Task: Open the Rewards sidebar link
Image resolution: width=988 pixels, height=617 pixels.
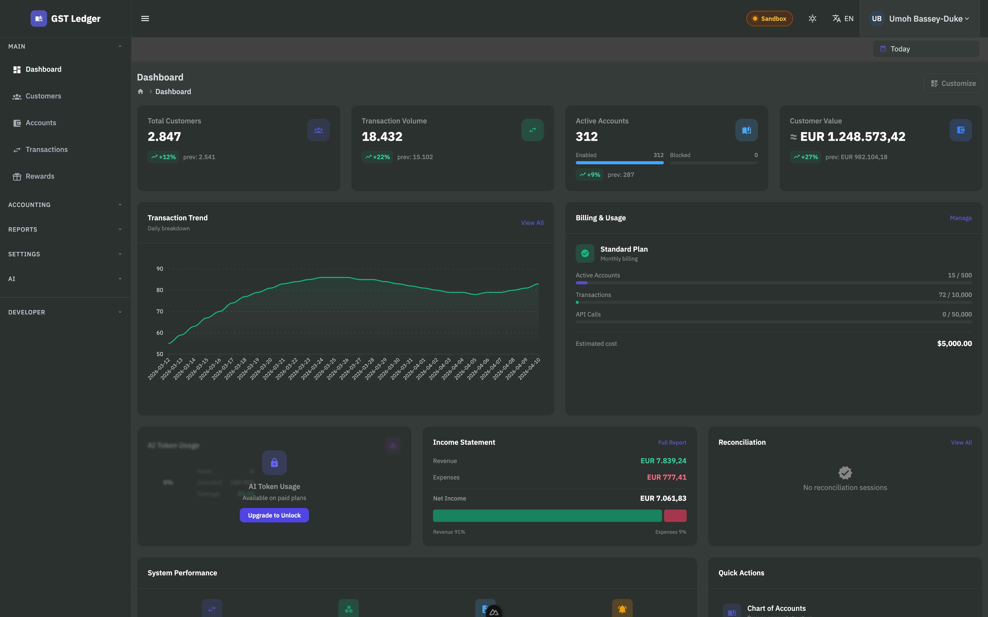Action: [40, 176]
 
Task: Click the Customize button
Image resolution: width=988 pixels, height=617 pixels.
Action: [953, 83]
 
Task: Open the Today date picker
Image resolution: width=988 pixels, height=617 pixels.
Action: [925, 49]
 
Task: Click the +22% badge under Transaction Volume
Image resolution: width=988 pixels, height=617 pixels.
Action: [377, 157]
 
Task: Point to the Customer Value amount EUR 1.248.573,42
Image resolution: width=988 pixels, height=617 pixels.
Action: [852, 137]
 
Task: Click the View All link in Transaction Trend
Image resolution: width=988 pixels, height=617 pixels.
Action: [532, 223]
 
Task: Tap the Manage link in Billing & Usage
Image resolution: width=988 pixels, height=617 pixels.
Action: [960, 218]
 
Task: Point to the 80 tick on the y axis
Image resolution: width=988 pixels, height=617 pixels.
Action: [160, 290]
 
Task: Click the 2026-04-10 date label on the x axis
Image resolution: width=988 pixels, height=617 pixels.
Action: [530, 368]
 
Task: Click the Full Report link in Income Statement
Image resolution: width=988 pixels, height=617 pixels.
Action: [672, 443]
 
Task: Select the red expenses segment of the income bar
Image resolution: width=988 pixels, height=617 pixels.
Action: [675, 516]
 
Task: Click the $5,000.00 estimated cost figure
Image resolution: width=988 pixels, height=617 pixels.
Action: [954, 344]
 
